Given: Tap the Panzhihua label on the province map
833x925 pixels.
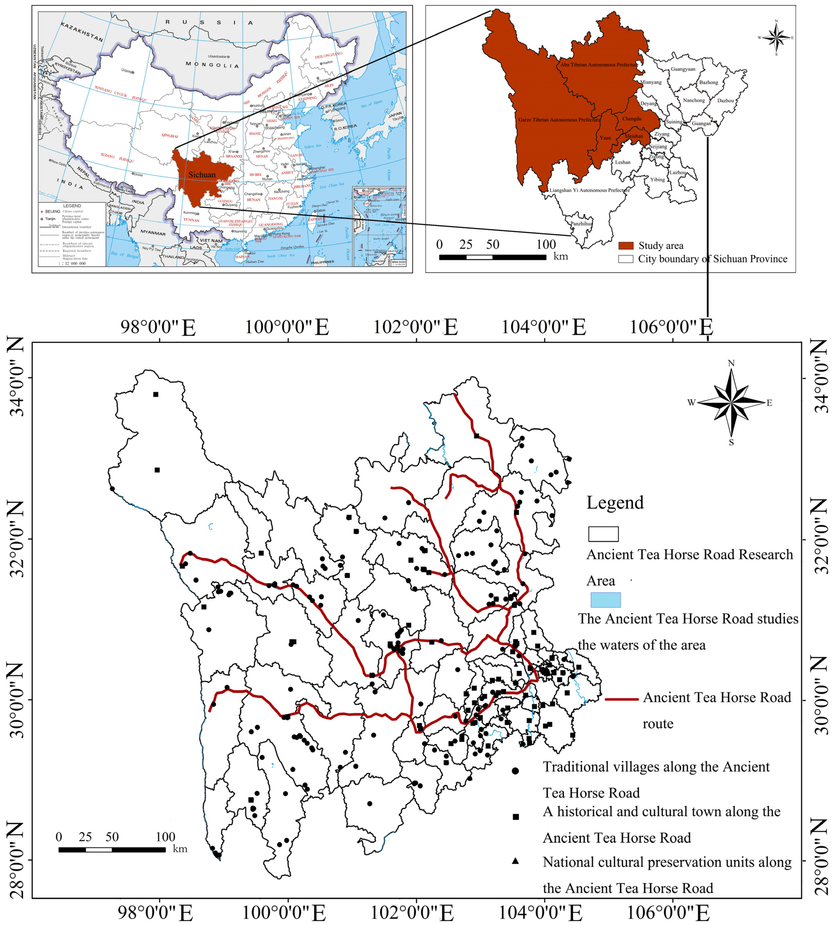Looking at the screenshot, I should click(x=581, y=224).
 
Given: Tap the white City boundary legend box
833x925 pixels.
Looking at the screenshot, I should click(x=626, y=259).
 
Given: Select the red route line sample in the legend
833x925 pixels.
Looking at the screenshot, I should click(x=622, y=699).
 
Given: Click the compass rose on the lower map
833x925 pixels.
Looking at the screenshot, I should click(x=731, y=403).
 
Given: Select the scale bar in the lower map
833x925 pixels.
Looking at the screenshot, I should click(x=112, y=850).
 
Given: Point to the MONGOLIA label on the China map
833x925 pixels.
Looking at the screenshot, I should click(x=212, y=65).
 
